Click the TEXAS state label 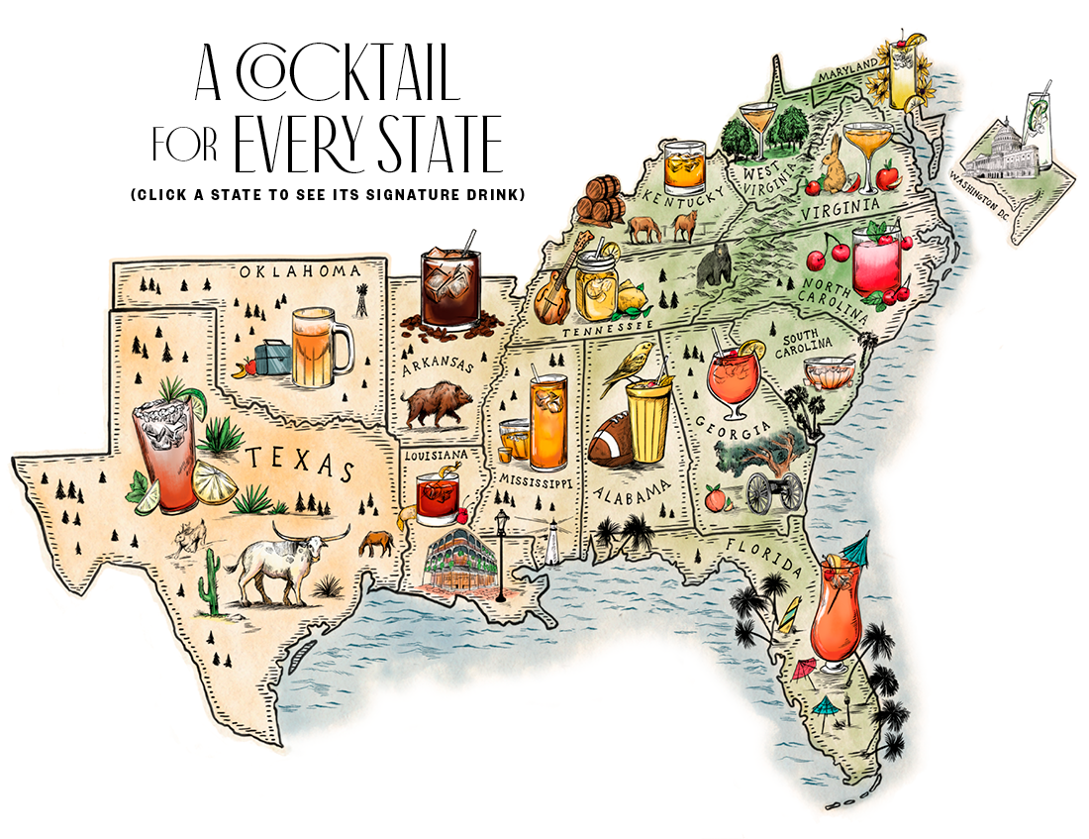(x=299, y=463)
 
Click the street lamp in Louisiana (x=501, y=555)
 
